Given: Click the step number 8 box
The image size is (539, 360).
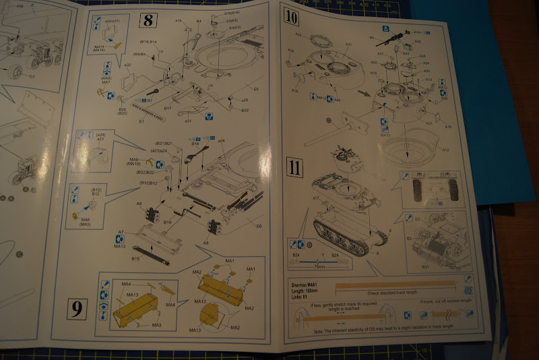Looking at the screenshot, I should pos(147,20).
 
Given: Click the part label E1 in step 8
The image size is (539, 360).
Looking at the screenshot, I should pos(141,121).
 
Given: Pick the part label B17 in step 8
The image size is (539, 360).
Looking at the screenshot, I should pos(168,108).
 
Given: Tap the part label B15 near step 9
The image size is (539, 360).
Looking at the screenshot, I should pos(135,258).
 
